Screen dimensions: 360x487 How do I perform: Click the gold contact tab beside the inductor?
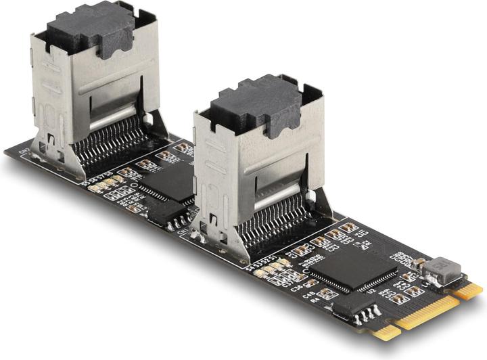tap(469, 290)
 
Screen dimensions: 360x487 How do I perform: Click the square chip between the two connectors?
tap(170, 183)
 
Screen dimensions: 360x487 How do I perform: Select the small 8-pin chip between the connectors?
tap(162, 213)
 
